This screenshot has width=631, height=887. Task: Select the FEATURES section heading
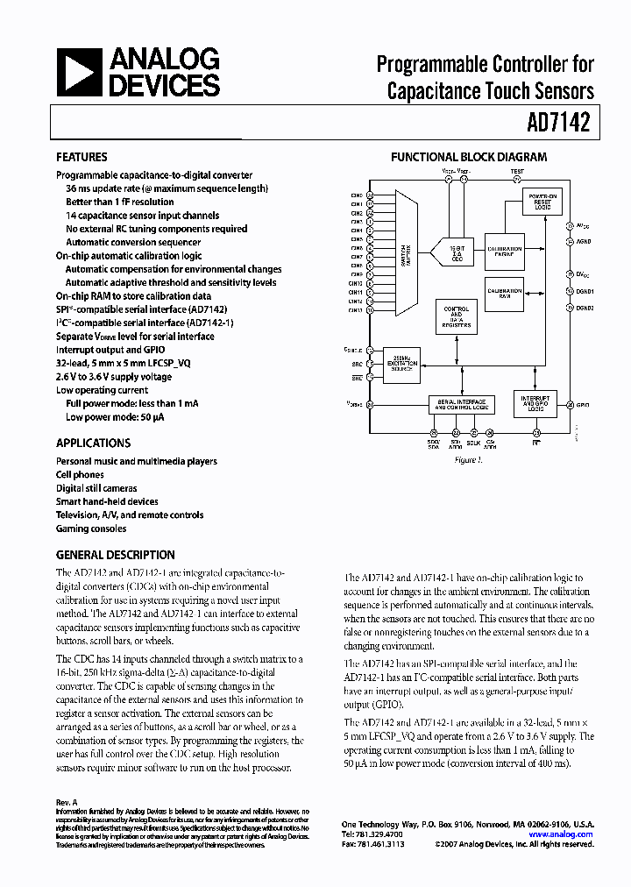[x=82, y=158]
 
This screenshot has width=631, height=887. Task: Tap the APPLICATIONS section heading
[x=94, y=443]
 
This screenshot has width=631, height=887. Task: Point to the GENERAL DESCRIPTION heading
[x=116, y=555]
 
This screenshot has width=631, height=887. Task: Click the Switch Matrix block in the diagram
[x=405, y=252]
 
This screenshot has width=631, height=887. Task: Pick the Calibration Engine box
[x=504, y=250]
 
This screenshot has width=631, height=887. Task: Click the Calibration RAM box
[x=504, y=292]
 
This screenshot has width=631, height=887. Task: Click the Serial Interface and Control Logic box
[x=461, y=404]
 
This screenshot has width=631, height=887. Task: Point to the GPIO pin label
[x=584, y=406]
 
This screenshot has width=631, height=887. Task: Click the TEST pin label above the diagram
[x=517, y=172]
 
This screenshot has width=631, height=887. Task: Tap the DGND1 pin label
[x=585, y=291]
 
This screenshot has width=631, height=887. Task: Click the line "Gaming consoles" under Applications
[x=91, y=529]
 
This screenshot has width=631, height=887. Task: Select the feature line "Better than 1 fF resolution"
[x=120, y=202]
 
